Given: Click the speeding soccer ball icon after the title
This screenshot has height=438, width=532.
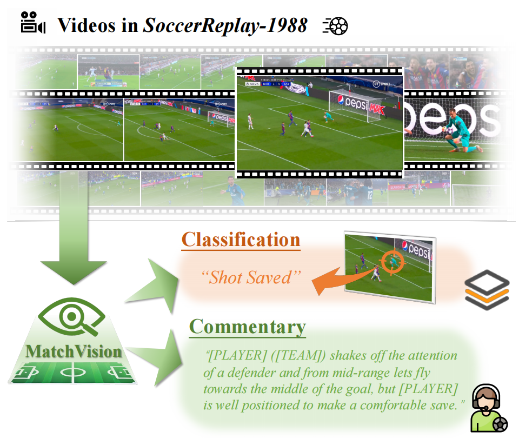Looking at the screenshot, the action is click(x=335, y=25).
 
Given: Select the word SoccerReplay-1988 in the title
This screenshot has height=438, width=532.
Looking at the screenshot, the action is click(x=225, y=25).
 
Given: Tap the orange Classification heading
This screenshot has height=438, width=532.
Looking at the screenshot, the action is click(x=241, y=240).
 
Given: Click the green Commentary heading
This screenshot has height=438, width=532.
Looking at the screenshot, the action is click(x=247, y=327).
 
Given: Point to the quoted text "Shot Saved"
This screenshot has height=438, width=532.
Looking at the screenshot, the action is click(x=250, y=277).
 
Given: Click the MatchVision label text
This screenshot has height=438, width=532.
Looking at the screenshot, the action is click(x=74, y=351).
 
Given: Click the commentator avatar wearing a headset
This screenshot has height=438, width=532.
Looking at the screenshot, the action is click(x=486, y=409).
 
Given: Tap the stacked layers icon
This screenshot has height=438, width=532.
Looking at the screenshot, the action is click(x=487, y=290).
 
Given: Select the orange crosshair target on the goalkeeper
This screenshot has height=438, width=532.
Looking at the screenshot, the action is click(x=389, y=262).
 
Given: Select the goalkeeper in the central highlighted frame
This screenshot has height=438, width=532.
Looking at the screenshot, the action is click(x=326, y=116).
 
